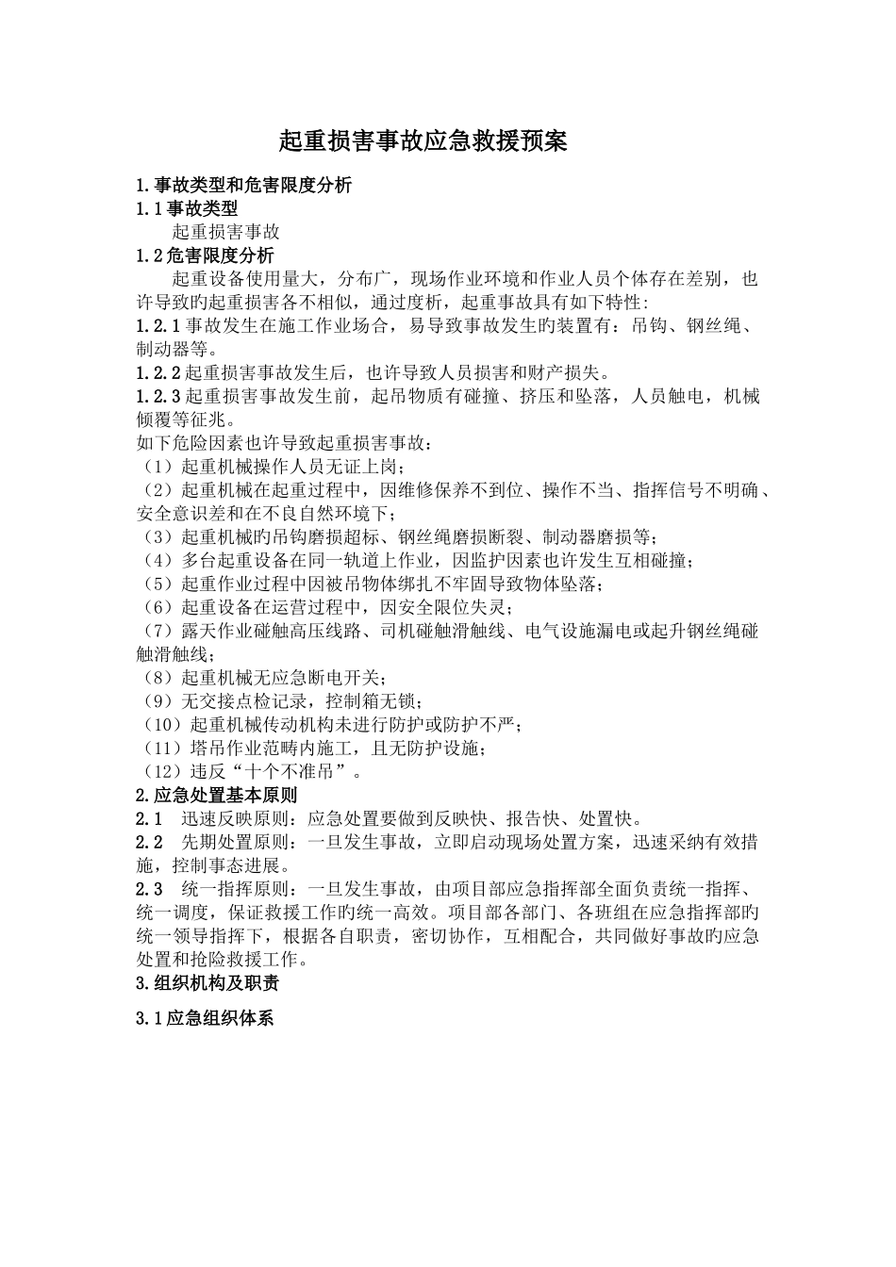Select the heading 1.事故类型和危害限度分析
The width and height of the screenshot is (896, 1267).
244,186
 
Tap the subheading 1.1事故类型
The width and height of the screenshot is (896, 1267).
187,208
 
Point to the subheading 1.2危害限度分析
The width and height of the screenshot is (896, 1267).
206,255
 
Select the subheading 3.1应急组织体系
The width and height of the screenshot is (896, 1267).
205,1019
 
